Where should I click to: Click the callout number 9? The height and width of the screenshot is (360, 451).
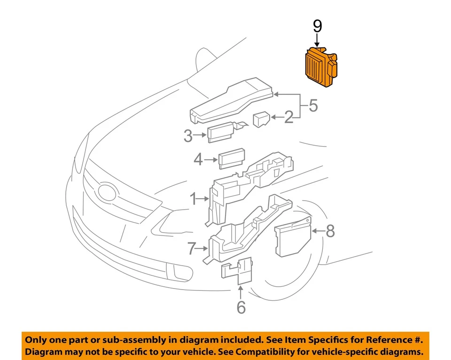point(318,26)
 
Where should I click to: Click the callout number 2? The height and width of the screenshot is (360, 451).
point(288,117)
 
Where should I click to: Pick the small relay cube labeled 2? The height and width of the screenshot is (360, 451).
point(261,119)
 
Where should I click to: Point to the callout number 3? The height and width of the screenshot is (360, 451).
point(188,136)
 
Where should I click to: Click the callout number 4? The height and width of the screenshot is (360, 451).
point(198,160)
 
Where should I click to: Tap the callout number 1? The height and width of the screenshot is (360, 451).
point(193,200)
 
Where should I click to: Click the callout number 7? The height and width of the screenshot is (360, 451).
point(191,249)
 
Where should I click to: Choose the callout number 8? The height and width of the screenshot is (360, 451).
point(330,231)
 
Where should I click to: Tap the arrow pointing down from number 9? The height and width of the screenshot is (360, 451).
point(318,40)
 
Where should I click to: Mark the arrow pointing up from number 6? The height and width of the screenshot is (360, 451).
point(241,291)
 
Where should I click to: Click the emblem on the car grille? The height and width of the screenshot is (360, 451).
point(106,191)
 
